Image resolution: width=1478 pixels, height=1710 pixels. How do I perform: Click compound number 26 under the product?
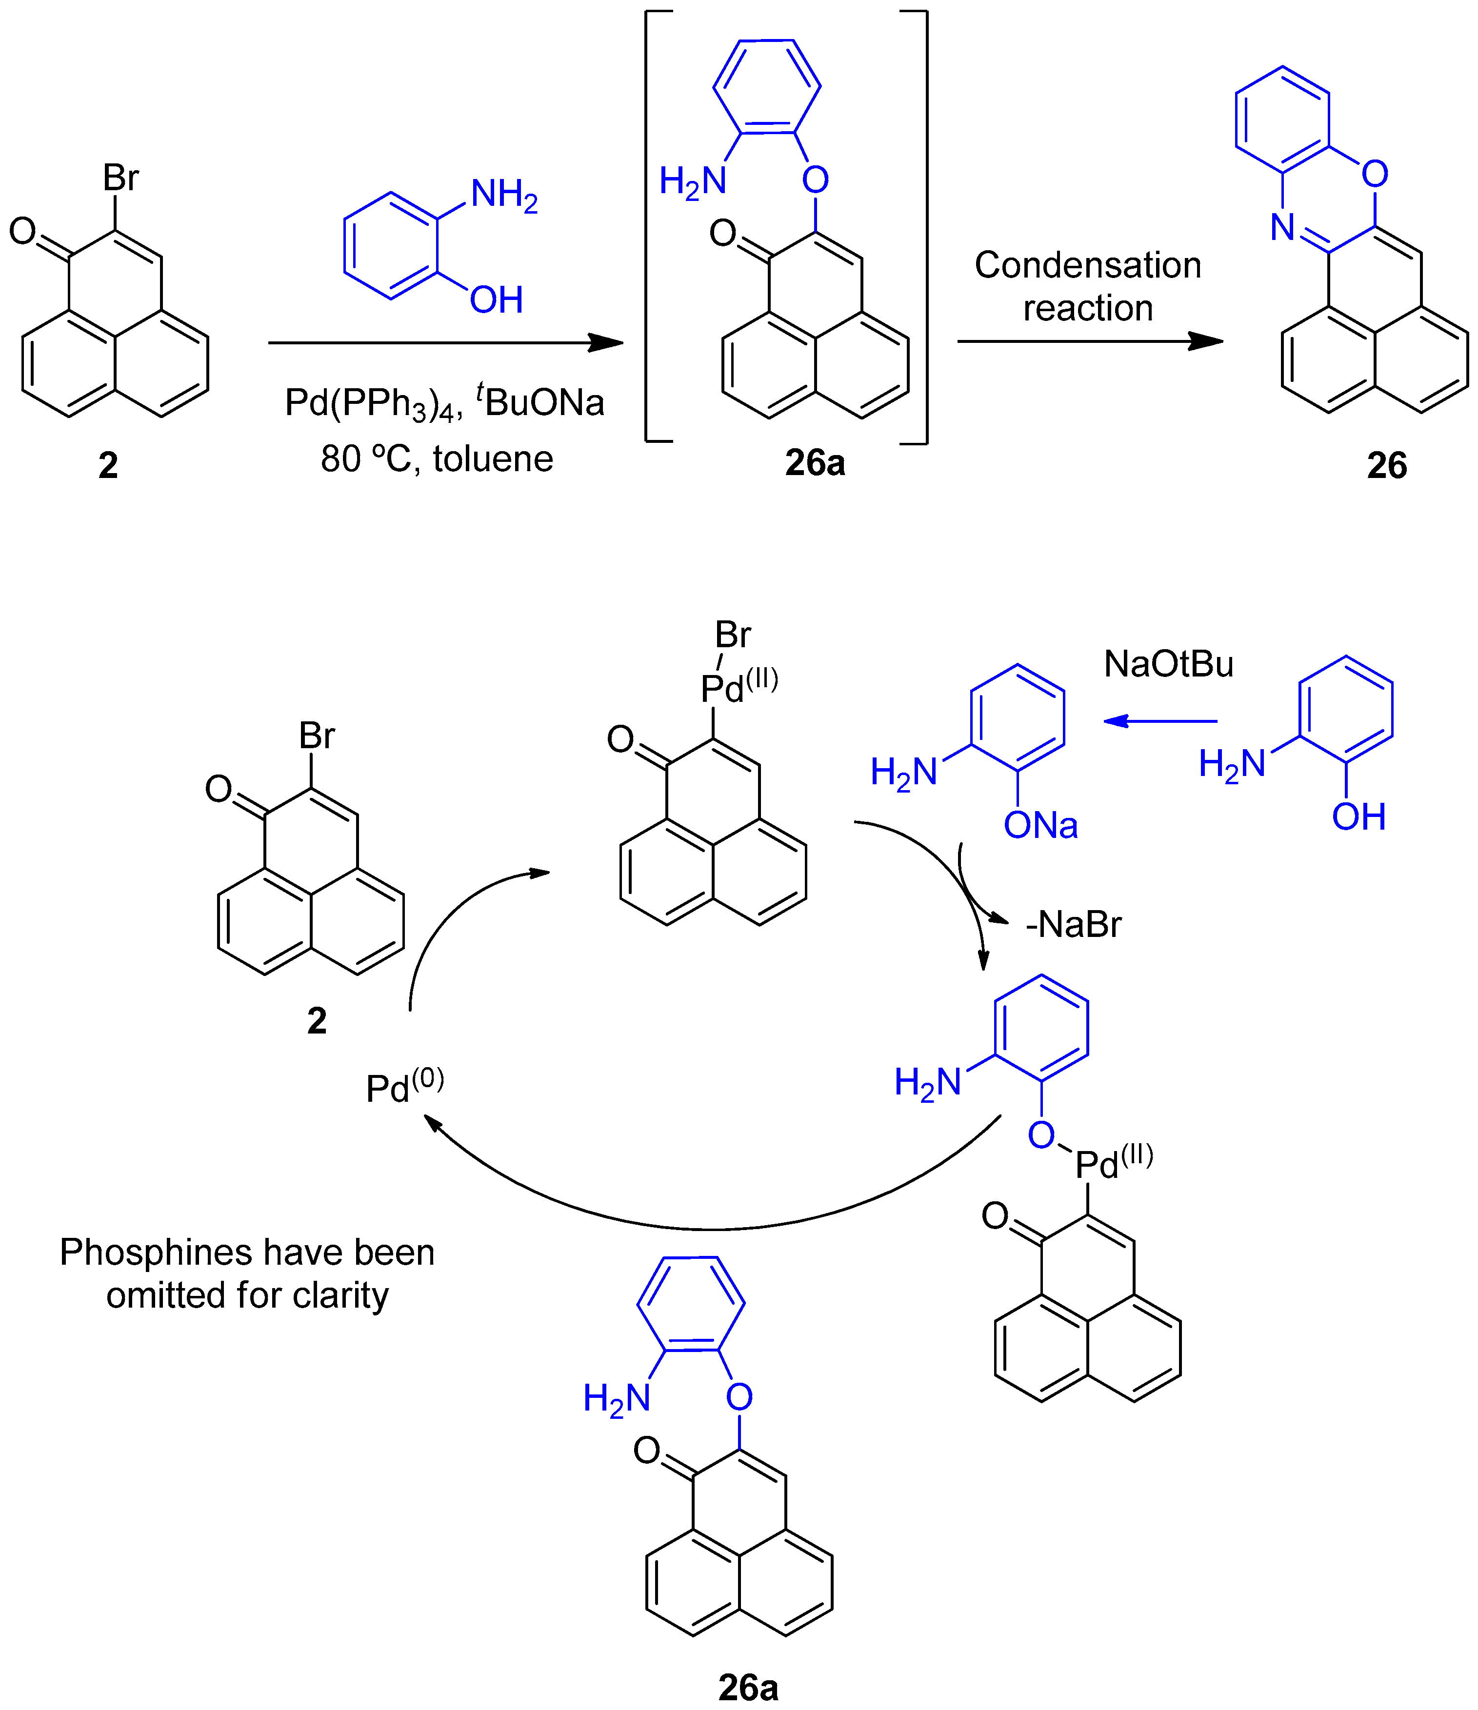(1386, 465)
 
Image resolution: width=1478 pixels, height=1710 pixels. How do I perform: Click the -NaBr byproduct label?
(1073, 924)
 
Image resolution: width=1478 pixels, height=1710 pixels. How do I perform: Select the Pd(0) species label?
(404, 1086)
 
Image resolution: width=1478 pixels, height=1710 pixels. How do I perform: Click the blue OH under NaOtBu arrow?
(1358, 817)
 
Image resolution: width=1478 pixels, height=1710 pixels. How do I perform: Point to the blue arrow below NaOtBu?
(1159, 721)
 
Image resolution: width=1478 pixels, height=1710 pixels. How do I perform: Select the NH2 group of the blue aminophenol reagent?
(503, 196)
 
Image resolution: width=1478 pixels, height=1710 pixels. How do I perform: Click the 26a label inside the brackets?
(815, 463)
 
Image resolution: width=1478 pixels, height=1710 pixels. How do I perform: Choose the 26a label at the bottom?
(748, 1688)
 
